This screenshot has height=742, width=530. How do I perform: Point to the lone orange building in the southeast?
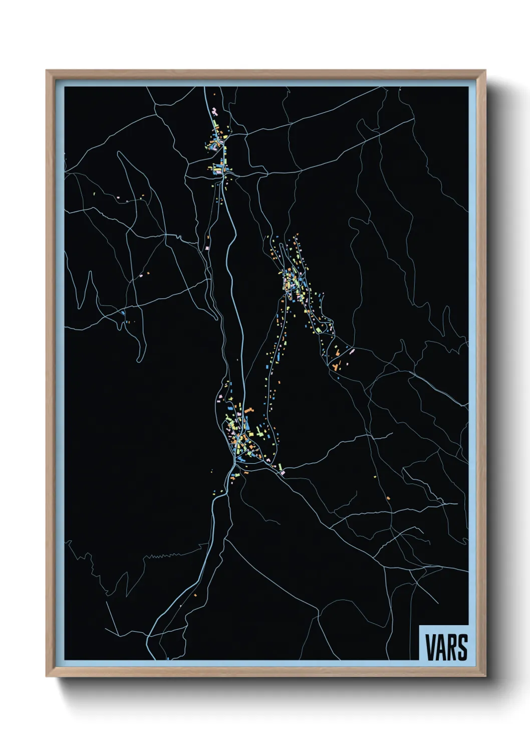388,498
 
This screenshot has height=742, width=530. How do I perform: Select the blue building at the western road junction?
123,313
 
